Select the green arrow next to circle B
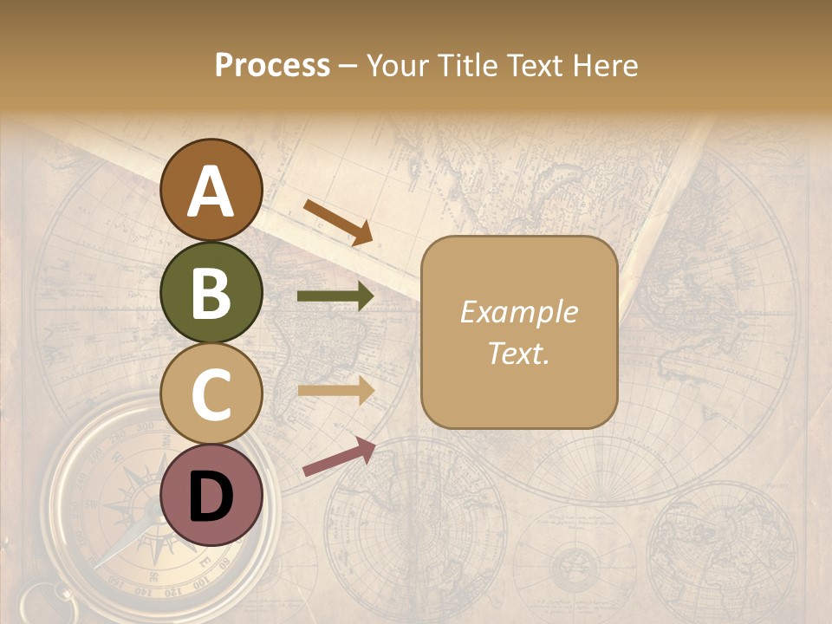click(335, 296)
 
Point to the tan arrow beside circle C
click(335, 392)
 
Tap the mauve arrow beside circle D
click(339, 457)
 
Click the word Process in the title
click(272, 66)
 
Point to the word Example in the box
click(519, 312)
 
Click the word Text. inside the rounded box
click(519, 353)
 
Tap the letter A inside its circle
click(211, 192)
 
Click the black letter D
click(211, 497)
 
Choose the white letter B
click(211, 293)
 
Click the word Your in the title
click(394, 66)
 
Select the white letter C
click(211, 394)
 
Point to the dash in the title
click(348, 67)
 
